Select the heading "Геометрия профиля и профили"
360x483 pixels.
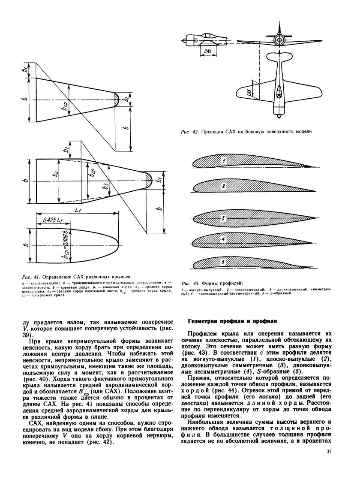coord(233,320)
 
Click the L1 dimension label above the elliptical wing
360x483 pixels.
coord(78,211)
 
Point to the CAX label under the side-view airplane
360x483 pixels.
coord(208,51)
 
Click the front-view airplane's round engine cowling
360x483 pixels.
coord(279,41)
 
